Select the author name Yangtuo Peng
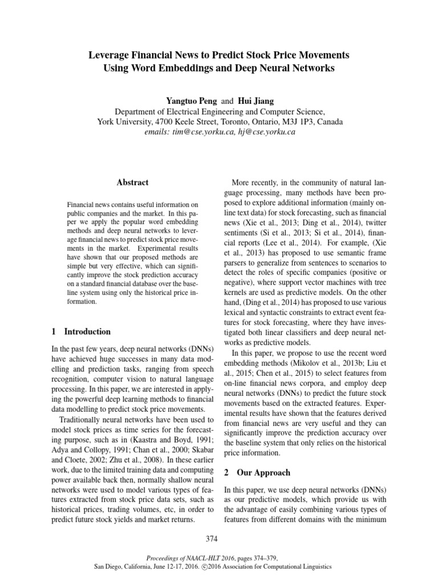(188, 100)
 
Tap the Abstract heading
(133, 182)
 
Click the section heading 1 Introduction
(82, 331)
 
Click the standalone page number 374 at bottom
(219, 538)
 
